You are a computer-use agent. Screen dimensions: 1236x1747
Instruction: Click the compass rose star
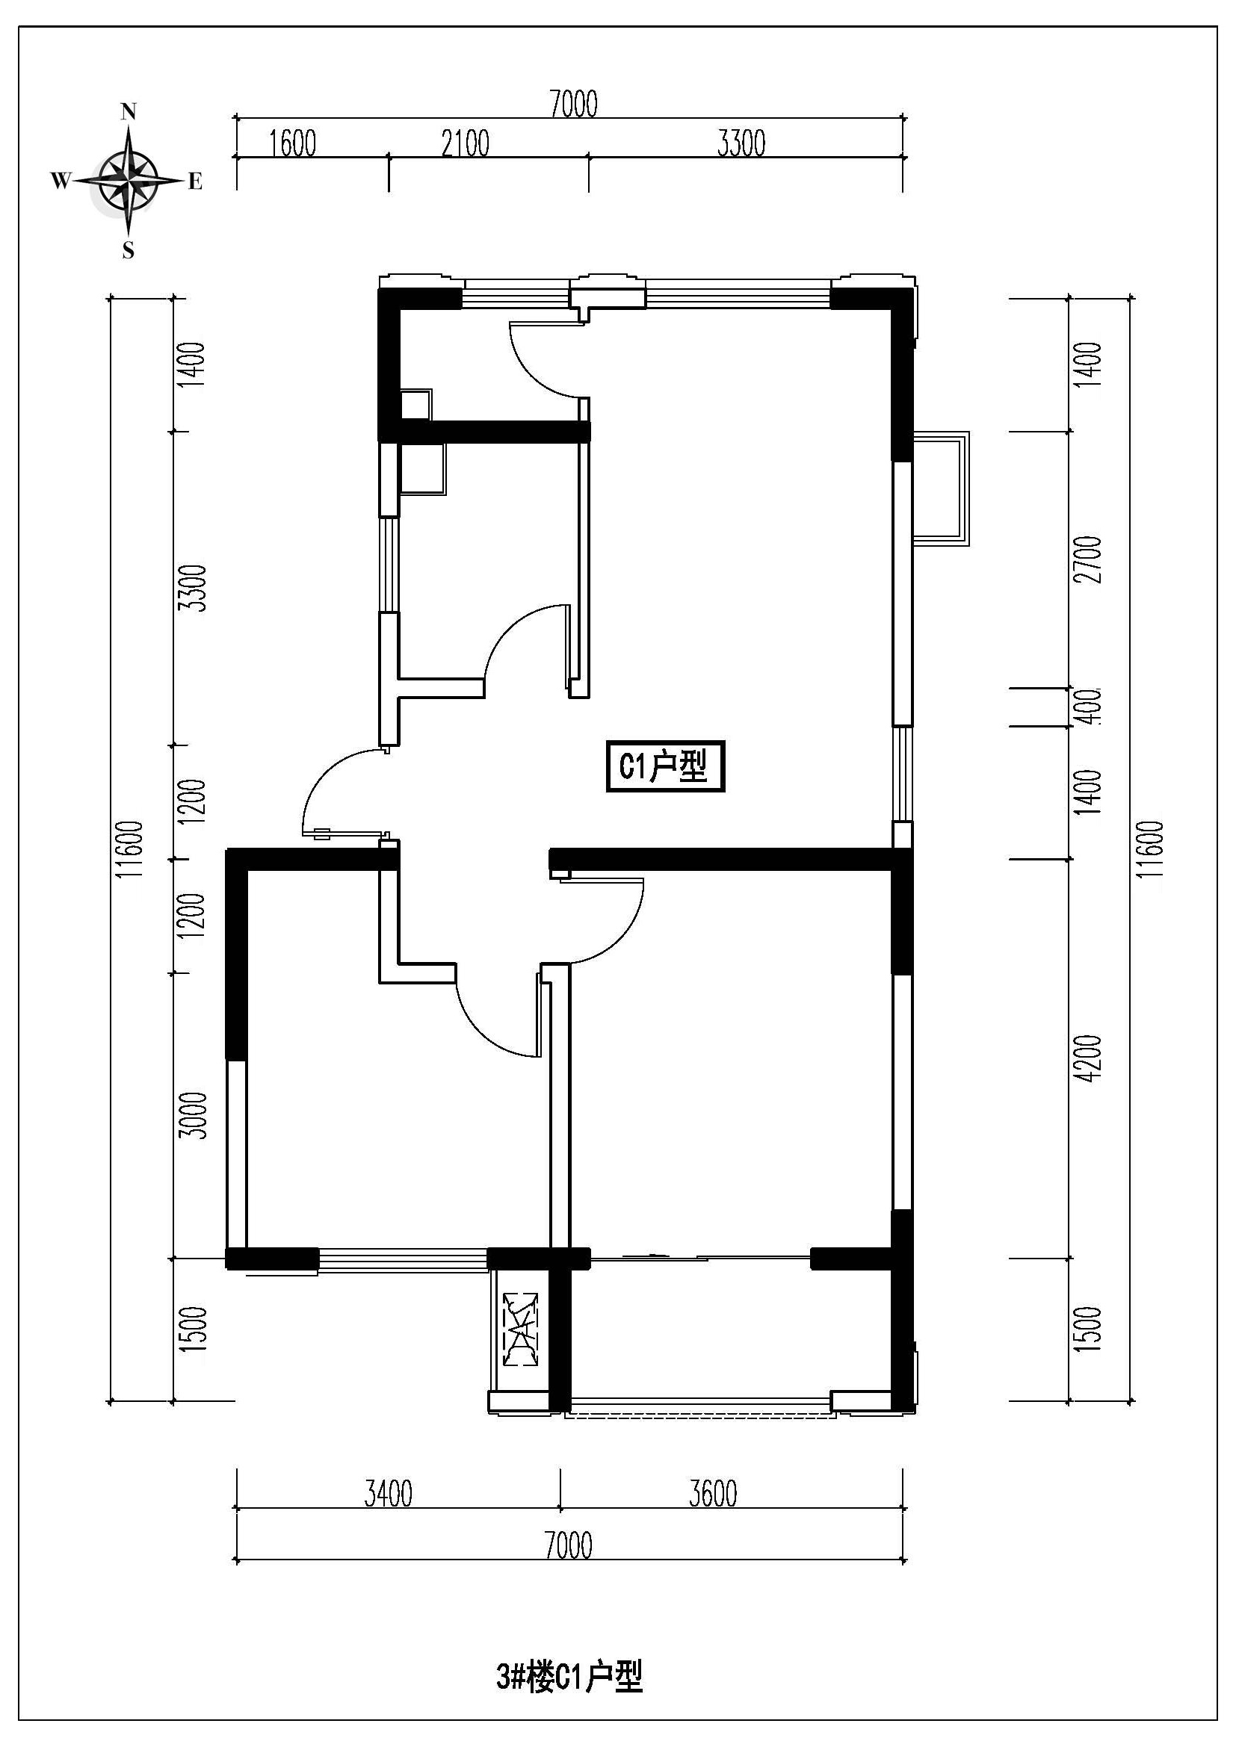tap(128, 181)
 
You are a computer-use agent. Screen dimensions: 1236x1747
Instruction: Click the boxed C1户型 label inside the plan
tap(665, 767)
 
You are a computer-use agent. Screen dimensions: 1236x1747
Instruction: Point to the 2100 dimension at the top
tap(465, 143)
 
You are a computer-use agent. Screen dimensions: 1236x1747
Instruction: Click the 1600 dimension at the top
tap(293, 143)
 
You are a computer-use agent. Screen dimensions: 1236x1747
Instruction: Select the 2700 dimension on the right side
tap(1090, 560)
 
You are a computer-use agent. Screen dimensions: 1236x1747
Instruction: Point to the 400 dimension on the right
tap(1090, 707)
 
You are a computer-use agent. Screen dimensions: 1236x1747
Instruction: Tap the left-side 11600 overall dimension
tap(133, 849)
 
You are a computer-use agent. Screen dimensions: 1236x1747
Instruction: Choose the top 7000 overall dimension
tap(573, 105)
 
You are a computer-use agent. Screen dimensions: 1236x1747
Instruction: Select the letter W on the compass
tap(61, 181)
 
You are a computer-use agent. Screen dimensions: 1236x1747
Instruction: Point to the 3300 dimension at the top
tap(741, 143)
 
